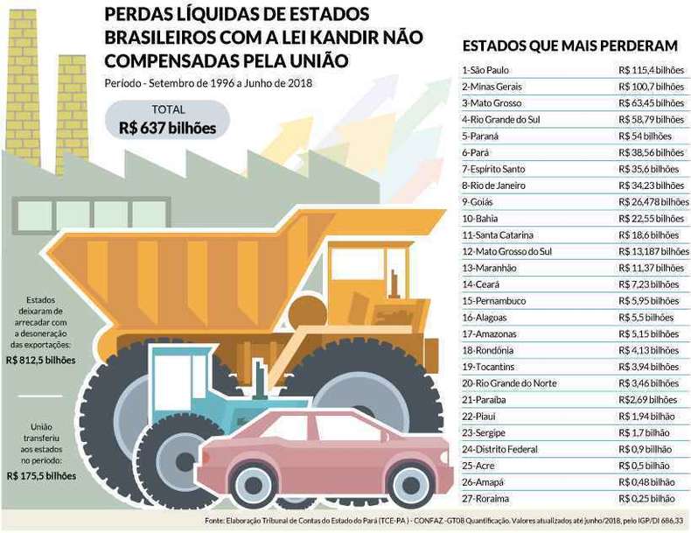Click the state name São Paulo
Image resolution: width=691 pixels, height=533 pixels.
pyautogui.click(x=489, y=70)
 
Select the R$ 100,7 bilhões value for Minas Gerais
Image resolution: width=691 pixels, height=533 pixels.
pyautogui.click(x=652, y=87)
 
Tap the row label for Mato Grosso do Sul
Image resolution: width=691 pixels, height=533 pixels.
pyautogui.click(x=506, y=251)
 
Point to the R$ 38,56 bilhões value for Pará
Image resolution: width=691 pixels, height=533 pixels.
pyautogui.click(x=652, y=152)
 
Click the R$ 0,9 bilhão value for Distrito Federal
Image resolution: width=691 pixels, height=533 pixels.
pyautogui.click(x=646, y=449)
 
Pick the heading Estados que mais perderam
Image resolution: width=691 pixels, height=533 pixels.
pyautogui.click(x=569, y=46)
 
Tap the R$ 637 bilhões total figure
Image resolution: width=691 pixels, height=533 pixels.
pyautogui.click(x=167, y=128)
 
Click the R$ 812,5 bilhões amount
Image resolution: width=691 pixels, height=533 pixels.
pyautogui.click(x=41, y=361)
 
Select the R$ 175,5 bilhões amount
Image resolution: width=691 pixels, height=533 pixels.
pyautogui.click(x=41, y=476)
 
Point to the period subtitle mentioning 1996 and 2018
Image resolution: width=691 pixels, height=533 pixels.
pyautogui.click(x=208, y=83)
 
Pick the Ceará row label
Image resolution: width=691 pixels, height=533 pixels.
pyautogui.click(x=480, y=284)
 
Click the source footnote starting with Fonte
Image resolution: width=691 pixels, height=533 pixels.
pyautogui.click(x=447, y=521)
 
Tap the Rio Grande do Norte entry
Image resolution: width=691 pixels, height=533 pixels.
pyautogui.click(x=509, y=383)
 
